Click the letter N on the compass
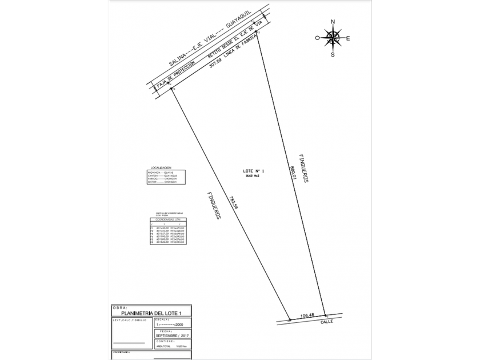coord(333,23)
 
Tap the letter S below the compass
coord(333,55)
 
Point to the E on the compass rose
coord(348,39)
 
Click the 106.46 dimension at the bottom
coord(307,314)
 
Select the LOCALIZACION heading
coord(161,167)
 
